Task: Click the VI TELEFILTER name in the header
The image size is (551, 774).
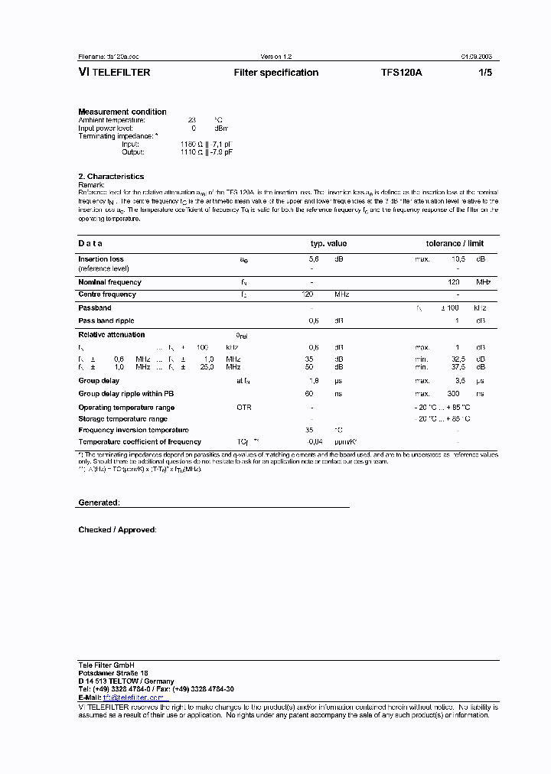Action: pyautogui.click(x=114, y=73)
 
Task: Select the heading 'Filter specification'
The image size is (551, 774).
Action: pyautogui.click(x=275, y=73)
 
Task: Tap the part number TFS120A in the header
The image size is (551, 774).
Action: pyautogui.click(x=401, y=73)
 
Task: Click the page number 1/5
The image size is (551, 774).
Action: pyautogui.click(x=485, y=73)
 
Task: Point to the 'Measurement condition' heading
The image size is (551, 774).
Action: pyautogui.click(x=122, y=112)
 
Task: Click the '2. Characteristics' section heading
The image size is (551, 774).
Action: pyautogui.click(x=111, y=177)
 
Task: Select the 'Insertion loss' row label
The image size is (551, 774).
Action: pyautogui.click(x=101, y=259)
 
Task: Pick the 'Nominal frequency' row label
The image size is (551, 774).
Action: pyautogui.click(x=109, y=282)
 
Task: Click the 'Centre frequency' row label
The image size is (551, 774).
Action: pyautogui.click(x=107, y=294)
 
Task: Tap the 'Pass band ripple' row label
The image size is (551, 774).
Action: pyautogui.click(x=106, y=321)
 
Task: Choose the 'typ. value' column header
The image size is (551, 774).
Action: pyautogui.click(x=328, y=244)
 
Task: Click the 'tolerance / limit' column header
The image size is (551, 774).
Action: pyautogui.click(x=455, y=244)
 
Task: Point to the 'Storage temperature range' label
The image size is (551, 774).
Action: pyautogui.click(x=122, y=419)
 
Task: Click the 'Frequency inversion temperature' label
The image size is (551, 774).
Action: pyautogui.click(x=133, y=430)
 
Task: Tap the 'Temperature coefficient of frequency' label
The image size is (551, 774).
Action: pyautogui.click(x=139, y=442)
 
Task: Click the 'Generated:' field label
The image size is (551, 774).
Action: pyautogui.click(x=99, y=503)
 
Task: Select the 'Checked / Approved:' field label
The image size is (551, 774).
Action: pyautogui.click(x=117, y=530)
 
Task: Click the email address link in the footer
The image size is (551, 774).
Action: pyautogui.click(x=133, y=698)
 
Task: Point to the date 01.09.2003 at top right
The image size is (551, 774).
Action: pyautogui.click(x=476, y=57)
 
